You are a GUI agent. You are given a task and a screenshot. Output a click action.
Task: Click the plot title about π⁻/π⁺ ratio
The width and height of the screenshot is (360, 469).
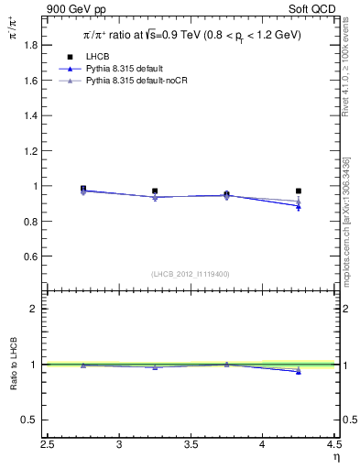[187, 36]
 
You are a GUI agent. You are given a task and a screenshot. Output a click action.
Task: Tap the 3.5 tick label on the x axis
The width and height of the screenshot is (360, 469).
[191, 445]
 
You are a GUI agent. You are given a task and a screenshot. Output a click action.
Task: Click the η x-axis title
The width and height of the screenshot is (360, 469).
[334, 458]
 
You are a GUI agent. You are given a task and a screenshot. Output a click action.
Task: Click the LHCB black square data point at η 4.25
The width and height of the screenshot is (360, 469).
[298, 191]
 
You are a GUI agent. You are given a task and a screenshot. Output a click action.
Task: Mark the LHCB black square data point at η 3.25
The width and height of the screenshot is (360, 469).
[155, 191]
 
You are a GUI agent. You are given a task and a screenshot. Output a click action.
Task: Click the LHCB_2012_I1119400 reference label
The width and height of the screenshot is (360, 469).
[191, 274]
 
